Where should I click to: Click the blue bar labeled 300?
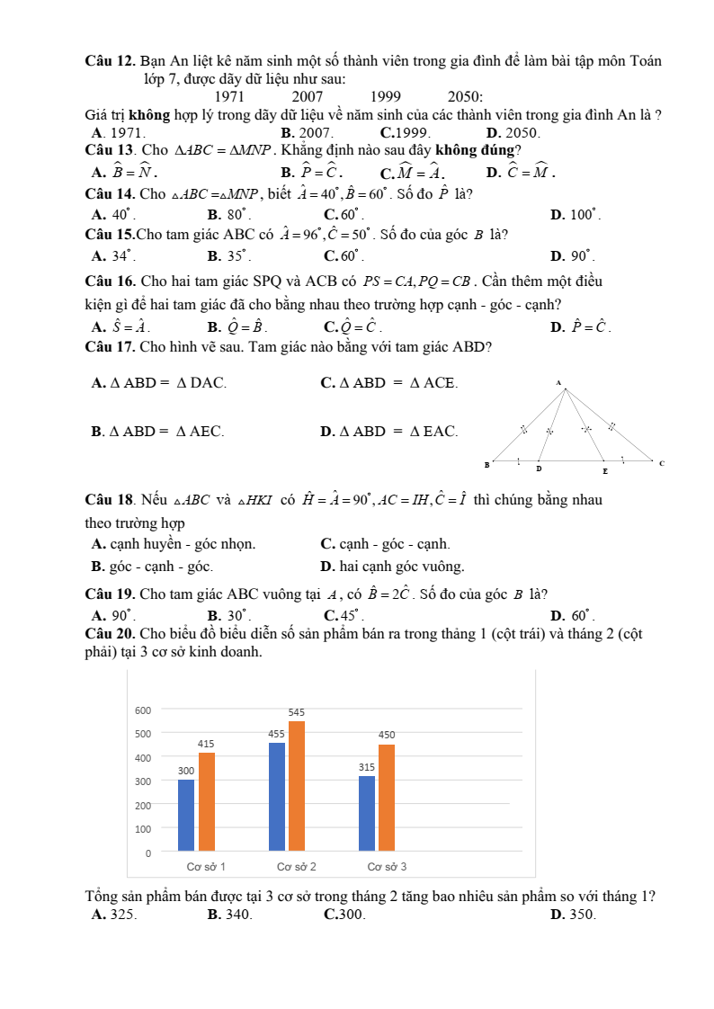click(x=186, y=814)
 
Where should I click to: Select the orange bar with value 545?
click(x=297, y=785)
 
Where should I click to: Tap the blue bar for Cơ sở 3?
click(x=367, y=812)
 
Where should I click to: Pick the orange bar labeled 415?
click(x=207, y=800)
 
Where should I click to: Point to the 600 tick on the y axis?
click(x=143, y=710)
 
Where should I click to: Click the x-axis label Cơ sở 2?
click(x=296, y=867)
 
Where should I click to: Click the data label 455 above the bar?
click(x=277, y=734)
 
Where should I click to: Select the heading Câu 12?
click(x=110, y=61)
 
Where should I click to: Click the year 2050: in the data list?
click(x=465, y=97)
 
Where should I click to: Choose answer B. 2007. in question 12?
click(x=307, y=132)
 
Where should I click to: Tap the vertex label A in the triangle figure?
click(x=558, y=383)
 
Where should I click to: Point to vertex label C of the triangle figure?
click(x=662, y=464)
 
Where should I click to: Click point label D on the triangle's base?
click(x=539, y=469)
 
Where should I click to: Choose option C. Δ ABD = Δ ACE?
click(x=389, y=383)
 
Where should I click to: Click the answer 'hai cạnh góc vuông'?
click(x=393, y=567)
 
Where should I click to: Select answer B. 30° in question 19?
click(x=229, y=616)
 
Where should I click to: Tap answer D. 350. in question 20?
click(x=573, y=915)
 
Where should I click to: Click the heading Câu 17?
click(x=110, y=347)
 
